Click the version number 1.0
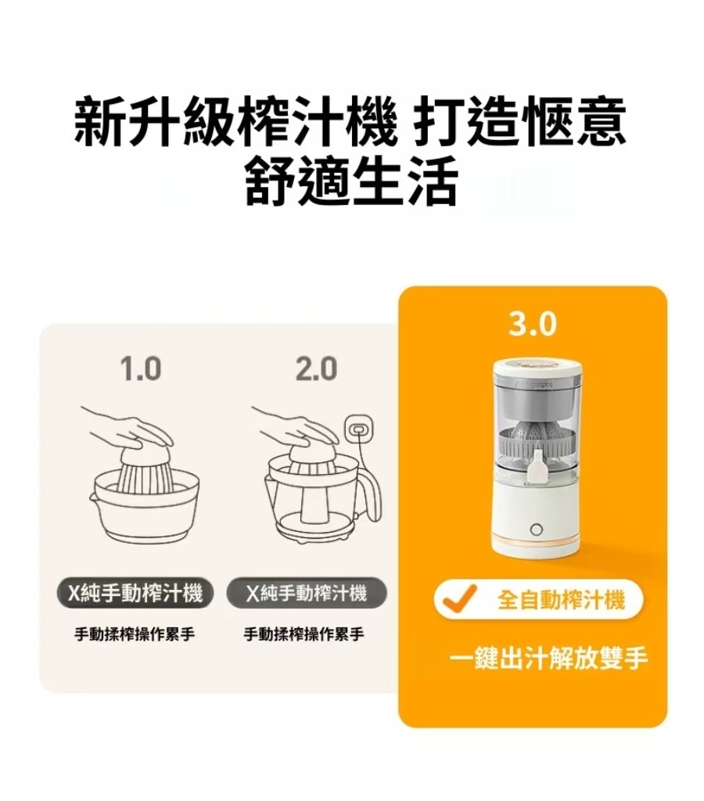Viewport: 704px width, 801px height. tap(140, 369)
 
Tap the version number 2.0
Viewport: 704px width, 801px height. tap(316, 369)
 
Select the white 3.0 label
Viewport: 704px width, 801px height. tap(533, 325)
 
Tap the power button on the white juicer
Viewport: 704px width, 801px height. tap(536, 530)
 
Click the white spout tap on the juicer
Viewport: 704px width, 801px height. tap(537, 465)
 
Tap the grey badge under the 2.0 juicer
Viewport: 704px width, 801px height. tap(306, 593)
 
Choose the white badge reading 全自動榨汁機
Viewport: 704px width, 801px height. tap(538, 599)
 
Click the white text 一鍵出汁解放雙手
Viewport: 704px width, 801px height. tap(548, 658)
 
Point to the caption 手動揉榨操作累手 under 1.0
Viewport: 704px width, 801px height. tap(135, 634)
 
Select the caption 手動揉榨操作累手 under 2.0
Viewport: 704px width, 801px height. tap(304, 634)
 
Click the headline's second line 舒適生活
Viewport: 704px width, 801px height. tap(351, 182)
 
